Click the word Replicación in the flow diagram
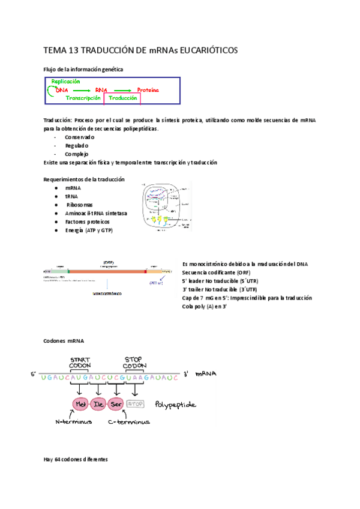coord(65,82)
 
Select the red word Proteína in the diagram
coord(148,90)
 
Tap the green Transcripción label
coord(83,98)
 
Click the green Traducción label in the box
coord(128,98)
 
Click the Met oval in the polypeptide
coord(82,405)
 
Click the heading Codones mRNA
coord(60,340)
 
